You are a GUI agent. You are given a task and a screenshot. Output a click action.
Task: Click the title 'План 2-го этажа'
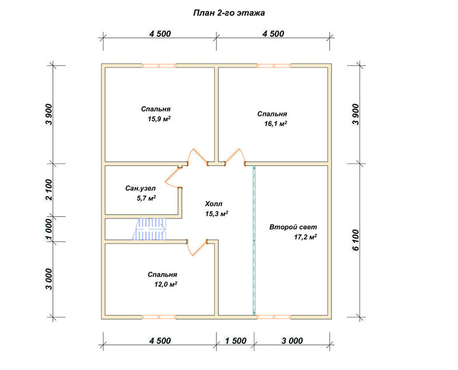click(229, 13)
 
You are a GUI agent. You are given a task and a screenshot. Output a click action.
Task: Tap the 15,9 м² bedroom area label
click(159, 119)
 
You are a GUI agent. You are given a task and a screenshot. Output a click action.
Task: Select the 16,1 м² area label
click(275, 124)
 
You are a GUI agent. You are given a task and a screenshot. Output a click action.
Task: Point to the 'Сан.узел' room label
click(140, 189)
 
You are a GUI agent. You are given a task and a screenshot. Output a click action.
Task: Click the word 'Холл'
click(214, 204)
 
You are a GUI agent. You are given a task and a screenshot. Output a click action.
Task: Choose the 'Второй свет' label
click(293, 227)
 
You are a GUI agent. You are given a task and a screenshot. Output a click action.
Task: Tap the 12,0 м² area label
click(166, 284)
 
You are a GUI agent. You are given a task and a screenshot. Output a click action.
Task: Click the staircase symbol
click(149, 229)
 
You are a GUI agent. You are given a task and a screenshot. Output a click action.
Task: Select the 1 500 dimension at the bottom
click(235, 341)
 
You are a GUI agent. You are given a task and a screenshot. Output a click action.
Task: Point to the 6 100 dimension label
click(356, 240)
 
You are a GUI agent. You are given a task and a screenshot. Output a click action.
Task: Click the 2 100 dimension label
click(49, 190)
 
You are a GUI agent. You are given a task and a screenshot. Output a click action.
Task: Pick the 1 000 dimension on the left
click(49, 229)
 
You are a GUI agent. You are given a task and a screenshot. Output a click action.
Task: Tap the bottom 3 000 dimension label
click(292, 341)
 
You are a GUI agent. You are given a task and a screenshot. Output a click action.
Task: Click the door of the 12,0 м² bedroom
click(197, 248)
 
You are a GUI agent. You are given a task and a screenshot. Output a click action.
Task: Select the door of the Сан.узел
click(173, 177)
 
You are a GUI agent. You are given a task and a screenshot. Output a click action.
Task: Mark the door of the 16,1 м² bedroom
click(235, 157)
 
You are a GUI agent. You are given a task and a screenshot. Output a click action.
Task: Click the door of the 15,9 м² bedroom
click(198, 157)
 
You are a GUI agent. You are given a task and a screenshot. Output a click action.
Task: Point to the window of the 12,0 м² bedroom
click(159, 317)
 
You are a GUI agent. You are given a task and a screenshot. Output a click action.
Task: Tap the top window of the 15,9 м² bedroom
click(159, 66)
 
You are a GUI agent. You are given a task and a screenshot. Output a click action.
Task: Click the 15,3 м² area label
click(216, 214)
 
